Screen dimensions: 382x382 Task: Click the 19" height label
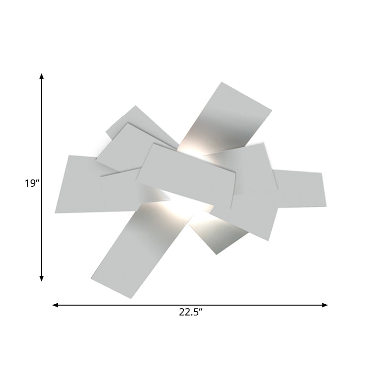pyautogui.click(x=31, y=183)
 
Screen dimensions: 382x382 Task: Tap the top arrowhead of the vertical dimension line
pyautogui.click(x=42, y=76)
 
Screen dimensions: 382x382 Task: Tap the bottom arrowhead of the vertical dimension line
pyautogui.click(x=42, y=278)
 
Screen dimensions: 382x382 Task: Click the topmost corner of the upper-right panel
pyautogui.click(x=221, y=83)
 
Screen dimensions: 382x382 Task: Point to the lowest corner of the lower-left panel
pyautogui.click(x=130, y=298)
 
